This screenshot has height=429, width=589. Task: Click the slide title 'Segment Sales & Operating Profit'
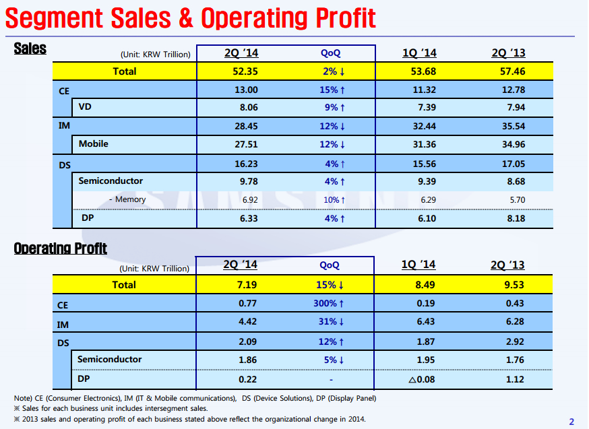191,18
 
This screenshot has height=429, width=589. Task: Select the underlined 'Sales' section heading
30,48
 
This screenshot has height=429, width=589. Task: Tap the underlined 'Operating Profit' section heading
61,249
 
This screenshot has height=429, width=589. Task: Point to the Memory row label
127,200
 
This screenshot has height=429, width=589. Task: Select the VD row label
86,108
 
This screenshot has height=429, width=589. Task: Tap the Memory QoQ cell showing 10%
334,200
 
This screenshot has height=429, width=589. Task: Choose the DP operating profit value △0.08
423,379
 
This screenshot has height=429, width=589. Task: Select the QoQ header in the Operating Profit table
330,266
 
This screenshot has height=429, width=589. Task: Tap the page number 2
571,422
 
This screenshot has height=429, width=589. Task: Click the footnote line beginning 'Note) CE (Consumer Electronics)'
195,398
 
